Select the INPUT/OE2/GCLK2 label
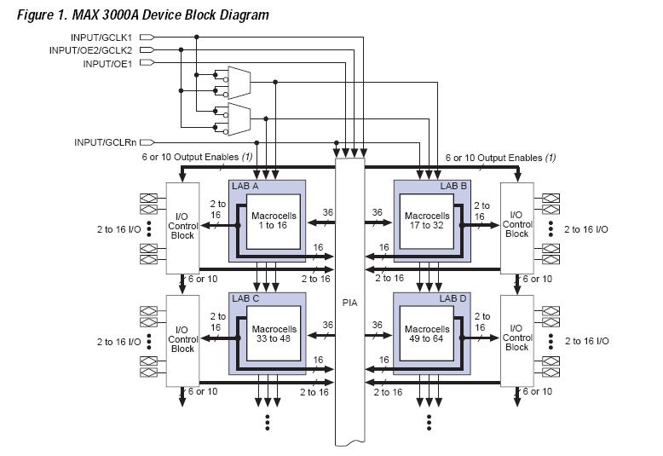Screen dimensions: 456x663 [x=92, y=50]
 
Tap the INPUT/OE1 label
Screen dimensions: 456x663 [x=108, y=64]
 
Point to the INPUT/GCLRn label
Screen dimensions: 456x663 [x=106, y=142]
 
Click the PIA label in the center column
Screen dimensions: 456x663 [x=350, y=302]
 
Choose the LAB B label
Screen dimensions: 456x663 [x=453, y=185]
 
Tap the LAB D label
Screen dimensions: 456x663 [x=453, y=298]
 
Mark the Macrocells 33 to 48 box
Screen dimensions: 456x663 [x=274, y=333]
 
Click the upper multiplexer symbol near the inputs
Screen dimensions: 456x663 [x=238, y=82]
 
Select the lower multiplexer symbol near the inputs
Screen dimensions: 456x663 [x=238, y=119]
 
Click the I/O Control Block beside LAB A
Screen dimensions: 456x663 [x=182, y=226]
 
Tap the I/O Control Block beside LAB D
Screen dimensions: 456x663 [x=516, y=338]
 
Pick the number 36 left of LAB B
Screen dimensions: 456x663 [x=378, y=213]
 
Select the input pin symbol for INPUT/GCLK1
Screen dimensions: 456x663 [x=147, y=38]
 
